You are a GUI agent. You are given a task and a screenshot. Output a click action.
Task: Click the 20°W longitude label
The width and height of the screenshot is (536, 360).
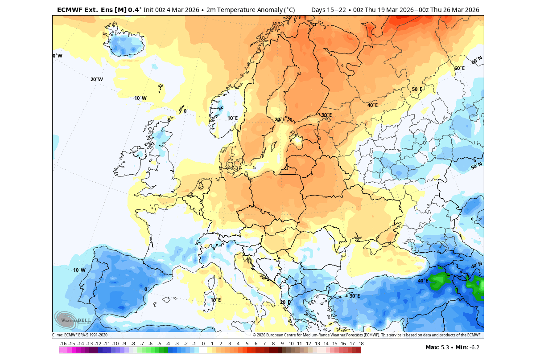click(x=96, y=79)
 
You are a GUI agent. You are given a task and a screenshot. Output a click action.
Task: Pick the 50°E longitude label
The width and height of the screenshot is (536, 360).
click(x=416, y=89)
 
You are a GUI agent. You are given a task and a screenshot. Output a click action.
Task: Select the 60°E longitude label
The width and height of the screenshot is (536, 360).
click(x=459, y=68)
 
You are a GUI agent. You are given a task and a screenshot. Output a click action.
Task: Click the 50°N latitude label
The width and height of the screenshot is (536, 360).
click(x=476, y=166)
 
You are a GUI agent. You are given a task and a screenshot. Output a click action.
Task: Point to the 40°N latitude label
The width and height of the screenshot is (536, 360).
click(x=476, y=266)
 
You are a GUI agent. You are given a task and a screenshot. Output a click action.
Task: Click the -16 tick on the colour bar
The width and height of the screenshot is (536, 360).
click(x=63, y=344)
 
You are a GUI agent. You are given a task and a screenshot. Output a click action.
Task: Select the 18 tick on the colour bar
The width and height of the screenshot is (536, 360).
click(x=361, y=344)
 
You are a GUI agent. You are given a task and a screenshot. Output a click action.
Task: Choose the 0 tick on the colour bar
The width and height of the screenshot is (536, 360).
click(x=203, y=344)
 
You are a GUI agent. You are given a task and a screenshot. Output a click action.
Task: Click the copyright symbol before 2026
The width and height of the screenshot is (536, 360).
click(x=254, y=335)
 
